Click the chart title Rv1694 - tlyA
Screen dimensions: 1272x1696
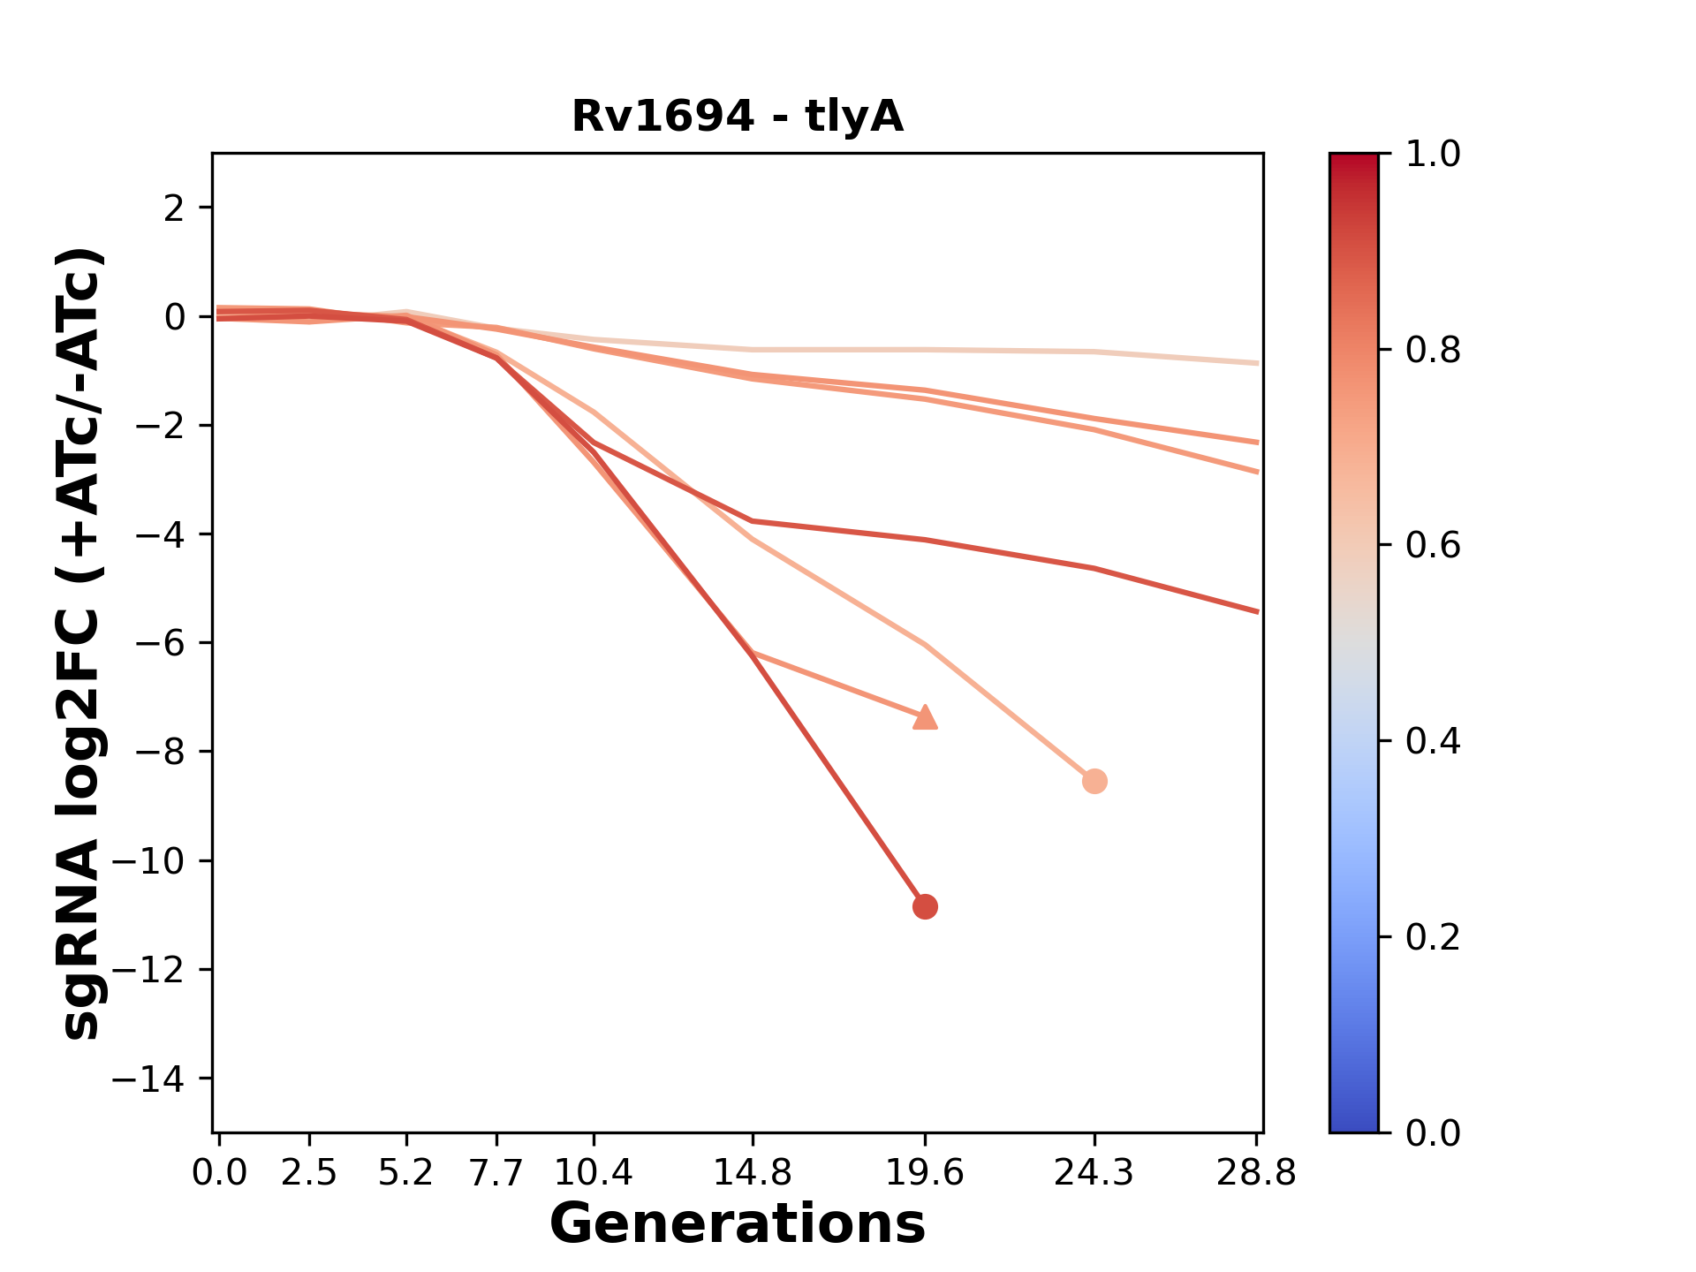point(738,117)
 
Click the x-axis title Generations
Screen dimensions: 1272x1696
point(738,1224)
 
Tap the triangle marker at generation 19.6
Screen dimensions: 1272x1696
point(925,717)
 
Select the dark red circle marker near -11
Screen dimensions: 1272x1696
point(925,906)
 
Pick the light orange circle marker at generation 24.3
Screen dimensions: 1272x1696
point(1094,781)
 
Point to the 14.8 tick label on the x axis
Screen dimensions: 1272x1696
point(752,1173)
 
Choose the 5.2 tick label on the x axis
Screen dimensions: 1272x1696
point(406,1173)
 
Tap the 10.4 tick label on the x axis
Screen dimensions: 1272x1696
point(594,1173)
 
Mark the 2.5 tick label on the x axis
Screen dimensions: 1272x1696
point(309,1173)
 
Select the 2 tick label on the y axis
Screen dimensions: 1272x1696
point(174,208)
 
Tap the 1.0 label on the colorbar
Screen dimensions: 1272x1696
point(1433,155)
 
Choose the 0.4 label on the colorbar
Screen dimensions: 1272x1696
point(1433,741)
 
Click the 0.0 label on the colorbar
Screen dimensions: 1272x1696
point(1433,1132)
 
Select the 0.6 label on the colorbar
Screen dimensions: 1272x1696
point(1433,546)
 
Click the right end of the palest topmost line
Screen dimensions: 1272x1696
point(1257,363)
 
